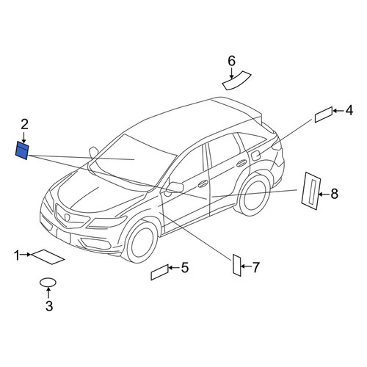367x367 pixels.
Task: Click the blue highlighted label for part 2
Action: point(22,150)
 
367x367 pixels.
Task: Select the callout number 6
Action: point(231,61)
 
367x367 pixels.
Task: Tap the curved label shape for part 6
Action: point(236,81)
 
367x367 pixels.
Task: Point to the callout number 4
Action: point(349,110)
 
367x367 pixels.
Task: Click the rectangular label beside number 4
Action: point(324,115)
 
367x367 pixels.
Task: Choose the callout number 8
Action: point(335,194)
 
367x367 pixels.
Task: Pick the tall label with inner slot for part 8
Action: point(311,191)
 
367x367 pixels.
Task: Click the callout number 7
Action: point(255,267)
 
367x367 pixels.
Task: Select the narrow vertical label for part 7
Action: point(237,265)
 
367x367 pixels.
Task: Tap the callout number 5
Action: point(185,267)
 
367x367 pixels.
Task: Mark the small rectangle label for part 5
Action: point(160,272)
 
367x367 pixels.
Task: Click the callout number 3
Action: point(49,306)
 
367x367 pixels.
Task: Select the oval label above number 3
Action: point(48,283)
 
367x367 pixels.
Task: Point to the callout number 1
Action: point(17,255)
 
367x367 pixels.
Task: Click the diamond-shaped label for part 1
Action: point(48,257)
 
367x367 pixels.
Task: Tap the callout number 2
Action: point(24,124)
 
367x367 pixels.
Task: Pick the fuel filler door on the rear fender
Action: point(255,156)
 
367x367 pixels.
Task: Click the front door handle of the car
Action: point(203,183)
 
